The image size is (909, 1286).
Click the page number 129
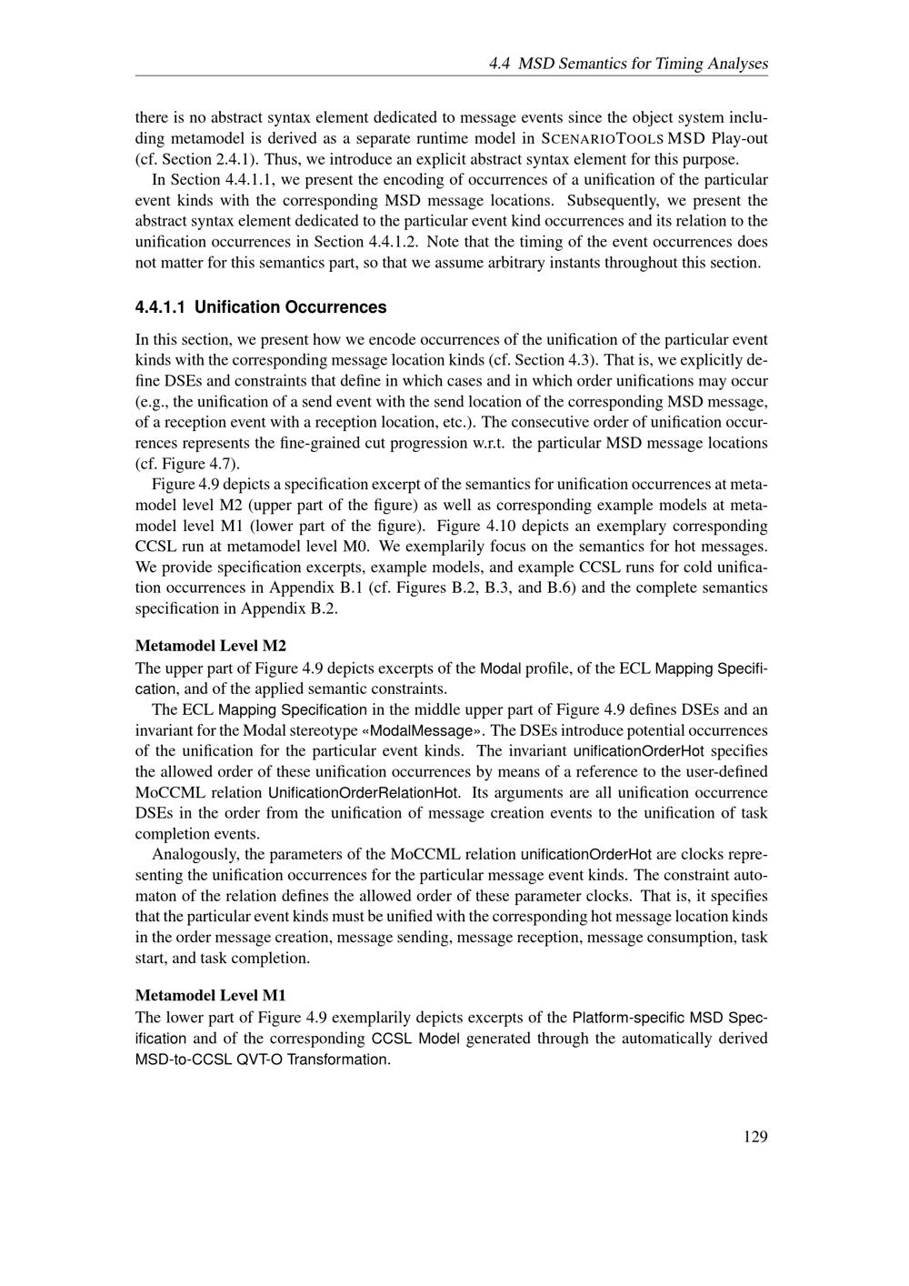click(754, 1136)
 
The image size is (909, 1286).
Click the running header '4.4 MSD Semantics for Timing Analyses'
click(628, 64)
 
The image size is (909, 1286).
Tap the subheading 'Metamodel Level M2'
click(211, 646)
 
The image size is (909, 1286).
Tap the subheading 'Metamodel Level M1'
click(211, 995)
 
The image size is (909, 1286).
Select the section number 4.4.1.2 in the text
click(393, 242)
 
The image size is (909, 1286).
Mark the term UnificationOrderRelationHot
click(364, 792)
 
